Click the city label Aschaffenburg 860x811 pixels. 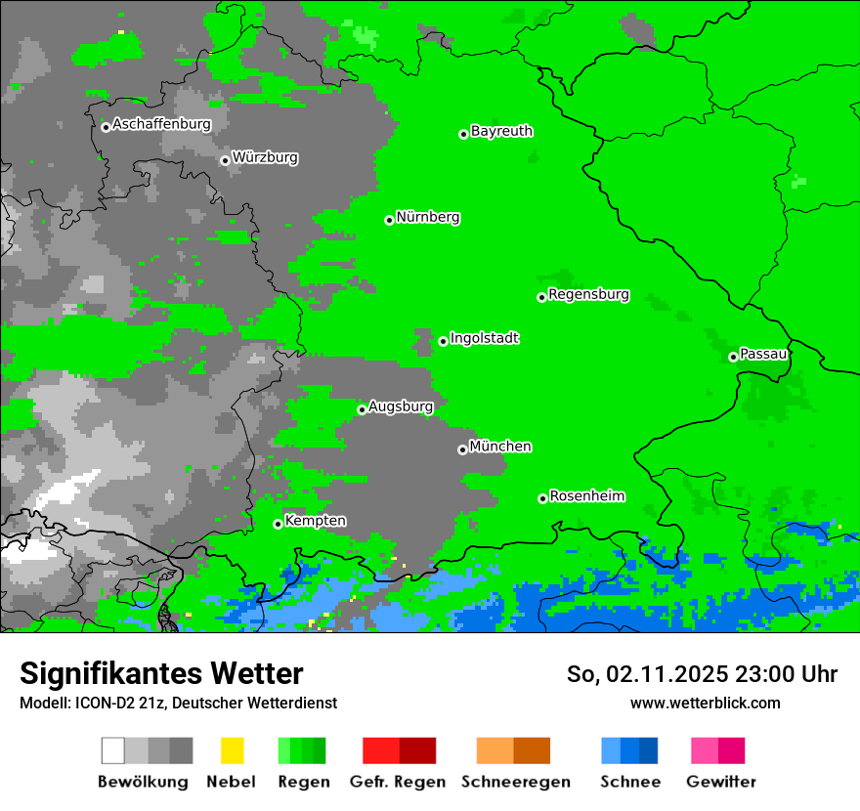161,125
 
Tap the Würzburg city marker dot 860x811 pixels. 225,160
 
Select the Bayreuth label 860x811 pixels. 501,131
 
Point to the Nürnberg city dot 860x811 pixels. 389,220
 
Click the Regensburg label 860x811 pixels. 588,294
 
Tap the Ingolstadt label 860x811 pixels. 484,338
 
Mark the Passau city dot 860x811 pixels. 733,357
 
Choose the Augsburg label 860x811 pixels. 401,406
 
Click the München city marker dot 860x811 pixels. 462,449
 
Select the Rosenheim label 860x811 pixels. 586,496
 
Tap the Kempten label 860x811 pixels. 315,521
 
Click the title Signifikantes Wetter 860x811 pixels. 161,673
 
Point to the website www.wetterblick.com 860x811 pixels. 705,703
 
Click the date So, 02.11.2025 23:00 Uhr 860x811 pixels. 702,674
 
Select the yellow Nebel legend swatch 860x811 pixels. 232,750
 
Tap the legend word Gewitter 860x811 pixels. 720,782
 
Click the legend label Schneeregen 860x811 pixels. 516,782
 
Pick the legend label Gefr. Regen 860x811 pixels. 397,782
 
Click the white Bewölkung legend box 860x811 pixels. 113,750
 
